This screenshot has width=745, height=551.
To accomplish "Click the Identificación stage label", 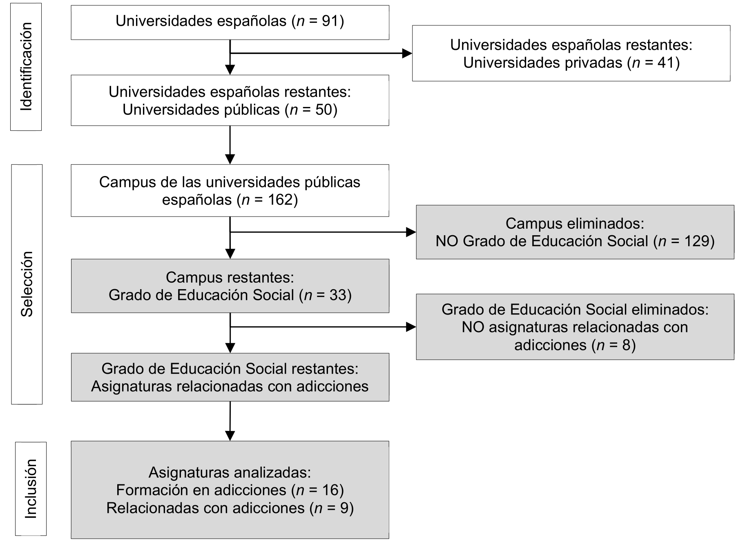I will [x=26, y=67].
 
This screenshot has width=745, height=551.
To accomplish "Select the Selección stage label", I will [x=27, y=284].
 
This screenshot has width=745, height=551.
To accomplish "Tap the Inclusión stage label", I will [x=31, y=489].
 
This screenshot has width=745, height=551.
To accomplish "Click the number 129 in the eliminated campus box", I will [x=696, y=241].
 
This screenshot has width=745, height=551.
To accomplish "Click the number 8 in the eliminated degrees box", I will [x=626, y=345].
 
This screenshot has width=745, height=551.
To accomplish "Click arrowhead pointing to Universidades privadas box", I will [x=407, y=53].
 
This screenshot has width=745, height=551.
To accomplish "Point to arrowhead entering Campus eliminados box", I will [x=410, y=232].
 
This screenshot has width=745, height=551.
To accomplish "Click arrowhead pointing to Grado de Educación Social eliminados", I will [x=410, y=327].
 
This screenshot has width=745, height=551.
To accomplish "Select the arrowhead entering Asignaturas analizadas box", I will [x=230, y=435].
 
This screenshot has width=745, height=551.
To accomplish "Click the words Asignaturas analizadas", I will [x=230, y=472].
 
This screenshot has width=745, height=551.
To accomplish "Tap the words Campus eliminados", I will [x=574, y=223].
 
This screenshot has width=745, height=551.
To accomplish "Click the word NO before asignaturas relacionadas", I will [x=473, y=327].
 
